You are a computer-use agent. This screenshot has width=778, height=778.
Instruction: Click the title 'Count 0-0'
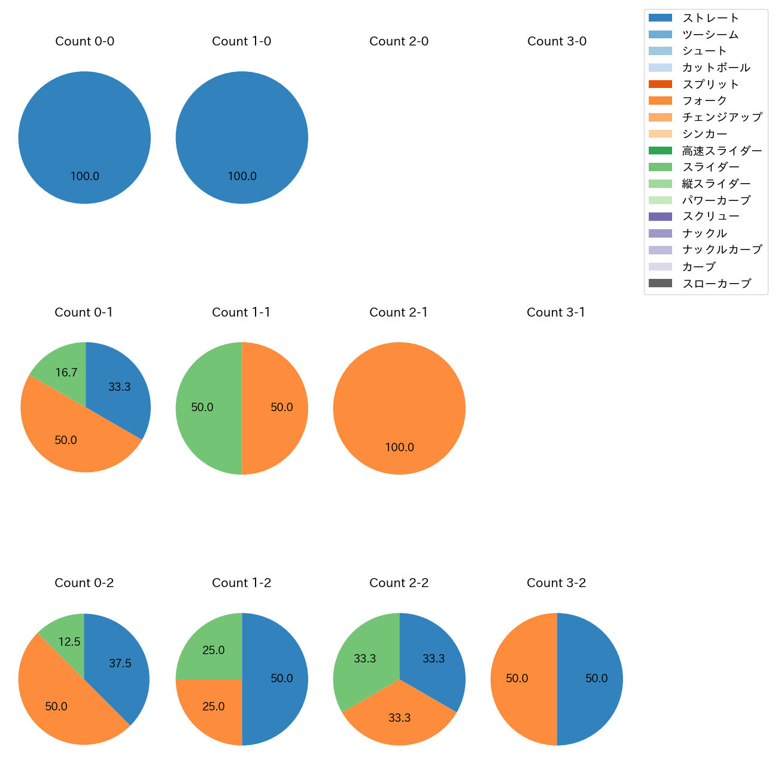click(x=84, y=41)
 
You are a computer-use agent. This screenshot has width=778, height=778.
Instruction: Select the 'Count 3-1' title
click(x=556, y=312)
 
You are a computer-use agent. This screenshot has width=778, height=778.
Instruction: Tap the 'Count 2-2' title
click(x=399, y=583)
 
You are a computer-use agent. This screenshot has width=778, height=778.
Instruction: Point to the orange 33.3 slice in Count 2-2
click(x=399, y=720)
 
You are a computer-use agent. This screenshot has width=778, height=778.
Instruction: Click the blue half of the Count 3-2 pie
click(x=592, y=679)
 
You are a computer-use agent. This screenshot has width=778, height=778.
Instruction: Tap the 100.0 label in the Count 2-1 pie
click(x=399, y=448)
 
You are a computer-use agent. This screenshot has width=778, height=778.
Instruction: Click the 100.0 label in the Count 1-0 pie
click(x=242, y=177)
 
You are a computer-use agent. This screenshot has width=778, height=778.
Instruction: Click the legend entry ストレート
click(x=710, y=18)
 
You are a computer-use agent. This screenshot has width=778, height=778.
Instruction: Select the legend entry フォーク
click(x=704, y=101)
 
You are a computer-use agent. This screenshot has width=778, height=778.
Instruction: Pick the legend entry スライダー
click(x=710, y=167)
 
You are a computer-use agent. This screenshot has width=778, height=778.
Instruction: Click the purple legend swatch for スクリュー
click(x=660, y=217)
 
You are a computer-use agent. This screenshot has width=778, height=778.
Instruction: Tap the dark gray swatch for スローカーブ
click(x=660, y=283)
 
